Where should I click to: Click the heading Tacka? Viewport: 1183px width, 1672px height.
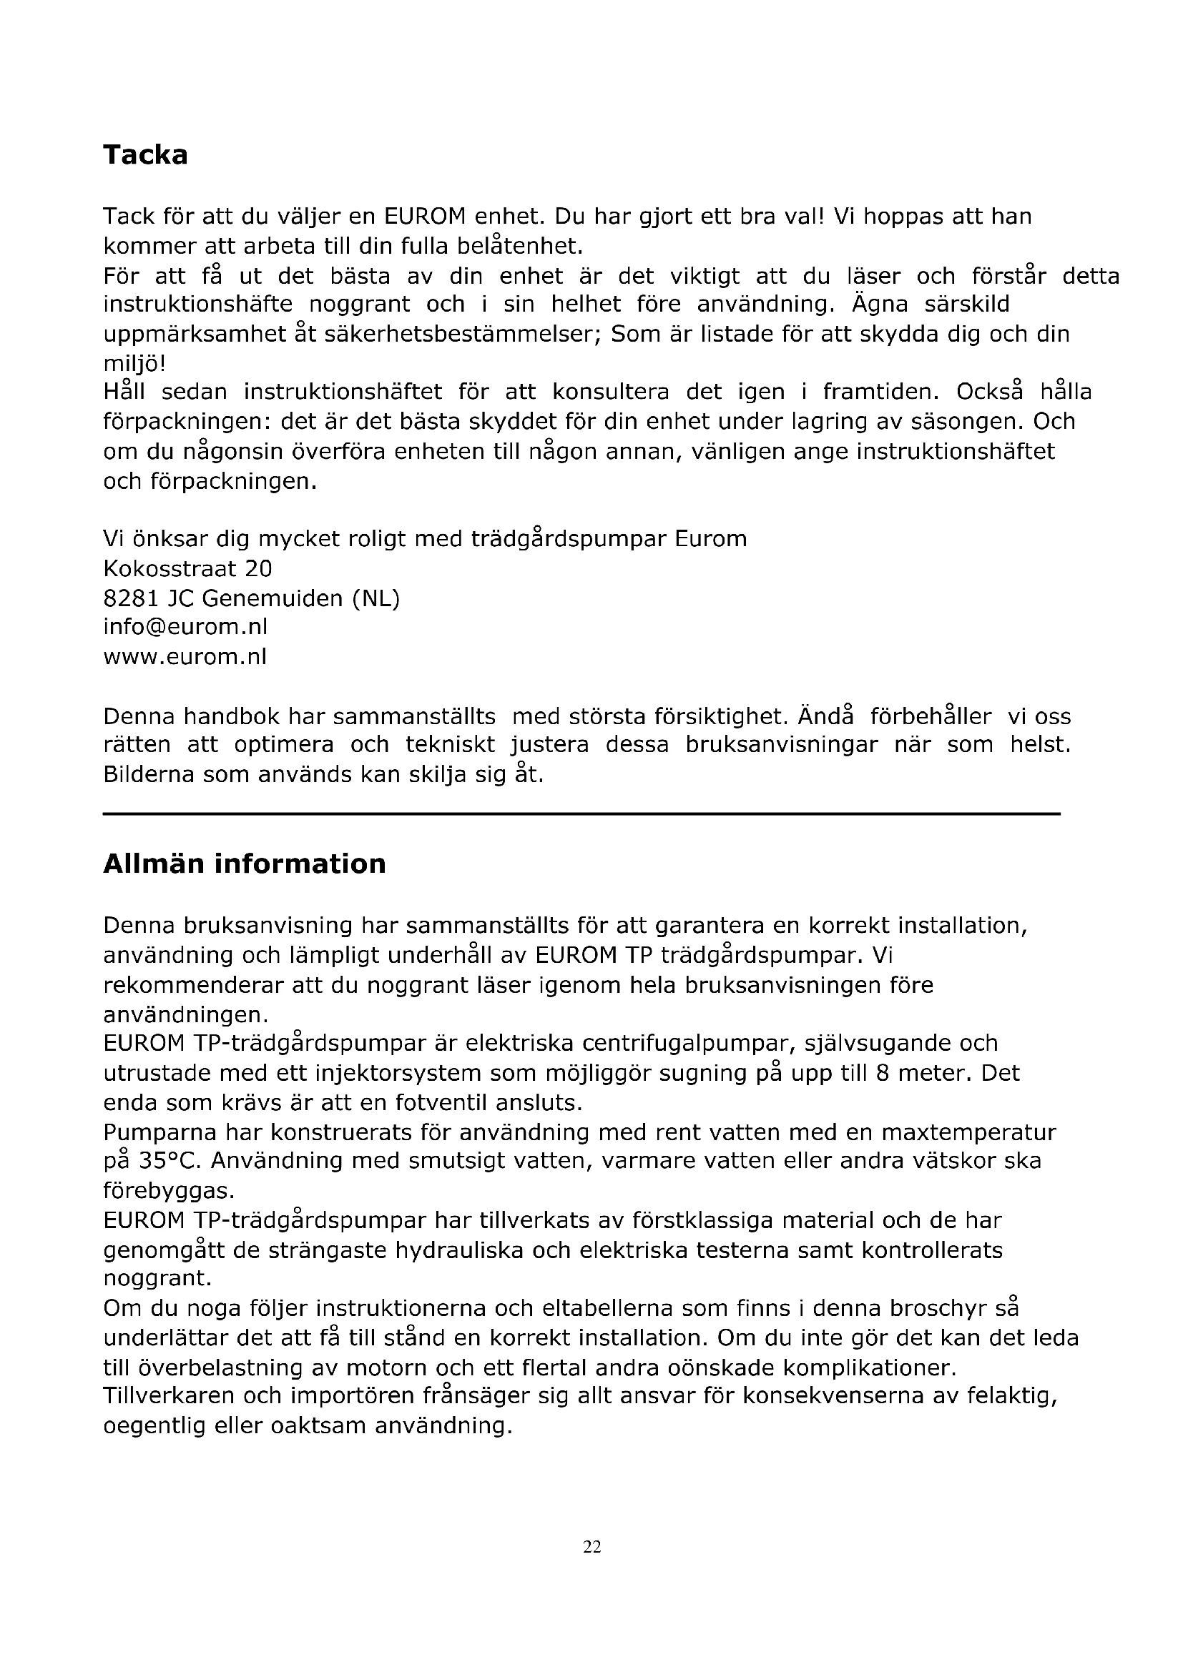145,155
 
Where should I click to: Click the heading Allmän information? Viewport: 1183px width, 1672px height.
244,864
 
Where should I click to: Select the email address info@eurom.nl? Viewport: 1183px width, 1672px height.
185,627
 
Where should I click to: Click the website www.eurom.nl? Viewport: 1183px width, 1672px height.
185,657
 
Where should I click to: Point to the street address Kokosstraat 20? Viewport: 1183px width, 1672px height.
187,568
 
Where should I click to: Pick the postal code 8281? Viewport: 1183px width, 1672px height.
131,598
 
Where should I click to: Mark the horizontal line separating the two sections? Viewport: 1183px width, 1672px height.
581,813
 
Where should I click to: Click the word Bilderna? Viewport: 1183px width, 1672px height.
148,774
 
